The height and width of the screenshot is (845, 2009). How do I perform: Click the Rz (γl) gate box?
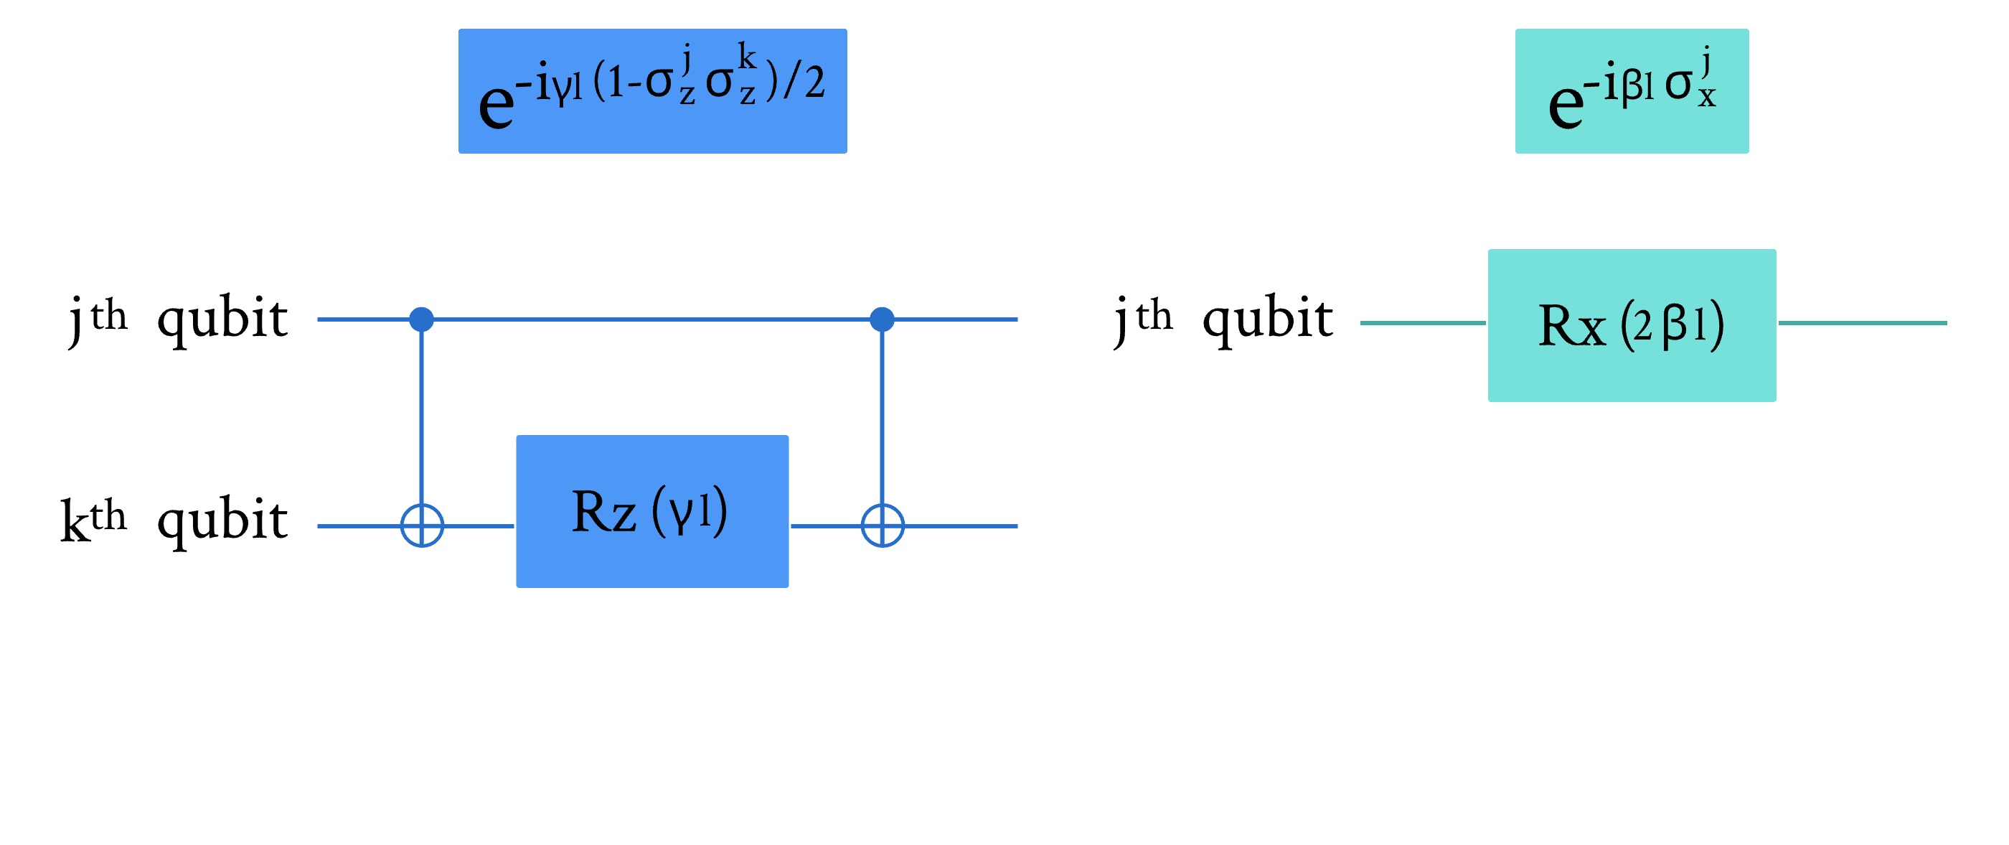[x=652, y=511]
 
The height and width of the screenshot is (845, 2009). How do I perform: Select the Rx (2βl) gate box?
[x=1632, y=325]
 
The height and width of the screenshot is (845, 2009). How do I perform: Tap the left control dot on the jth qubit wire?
[x=422, y=319]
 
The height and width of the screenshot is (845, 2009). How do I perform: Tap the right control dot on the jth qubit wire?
[x=882, y=319]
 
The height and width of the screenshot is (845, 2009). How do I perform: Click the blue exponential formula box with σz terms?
[x=652, y=91]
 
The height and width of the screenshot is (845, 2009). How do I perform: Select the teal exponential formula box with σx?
[x=1632, y=91]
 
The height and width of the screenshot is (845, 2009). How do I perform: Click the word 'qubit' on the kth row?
[x=222, y=519]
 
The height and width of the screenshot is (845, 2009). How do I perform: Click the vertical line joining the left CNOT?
[x=422, y=421]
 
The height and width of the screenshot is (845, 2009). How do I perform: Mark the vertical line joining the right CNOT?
[x=882, y=421]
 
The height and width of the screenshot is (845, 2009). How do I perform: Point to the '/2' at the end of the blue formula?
[x=805, y=83]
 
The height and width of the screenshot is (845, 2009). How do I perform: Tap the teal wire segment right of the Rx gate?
[x=1863, y=322]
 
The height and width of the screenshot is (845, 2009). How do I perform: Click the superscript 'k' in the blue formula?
[x=747, y=57]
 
